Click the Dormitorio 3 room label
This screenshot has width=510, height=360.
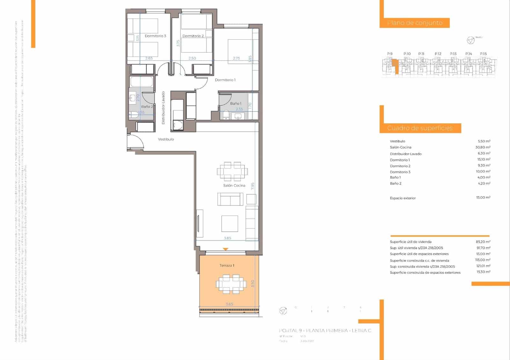[155, 36]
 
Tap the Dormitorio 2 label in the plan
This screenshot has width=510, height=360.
[193, 36]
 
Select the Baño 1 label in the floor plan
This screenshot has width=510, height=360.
[236, 104]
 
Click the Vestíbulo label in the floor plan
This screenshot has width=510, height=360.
[166, 139]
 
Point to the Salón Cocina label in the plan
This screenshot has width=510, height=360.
[234, 185]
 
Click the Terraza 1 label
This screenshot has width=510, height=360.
[227, 265]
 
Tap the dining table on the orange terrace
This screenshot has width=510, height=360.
[231, 284]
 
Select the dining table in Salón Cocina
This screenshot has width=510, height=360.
[232, 172]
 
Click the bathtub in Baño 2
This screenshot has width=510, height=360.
[142, 82]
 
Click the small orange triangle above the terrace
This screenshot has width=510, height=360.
[225, 249]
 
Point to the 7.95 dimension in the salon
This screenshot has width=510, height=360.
[252, 186]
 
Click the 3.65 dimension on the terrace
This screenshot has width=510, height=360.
[229, 304]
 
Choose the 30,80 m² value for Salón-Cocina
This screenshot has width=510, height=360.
[483, 147]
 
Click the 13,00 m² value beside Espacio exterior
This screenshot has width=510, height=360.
[483, 198]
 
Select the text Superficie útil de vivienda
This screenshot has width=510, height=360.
[411, 242]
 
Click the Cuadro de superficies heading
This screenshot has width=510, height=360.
[420, 128]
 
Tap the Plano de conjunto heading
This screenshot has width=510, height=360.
[414, 23]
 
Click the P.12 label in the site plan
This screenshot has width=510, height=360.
[438, 54]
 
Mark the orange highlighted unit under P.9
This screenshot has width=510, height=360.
[396, 66]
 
